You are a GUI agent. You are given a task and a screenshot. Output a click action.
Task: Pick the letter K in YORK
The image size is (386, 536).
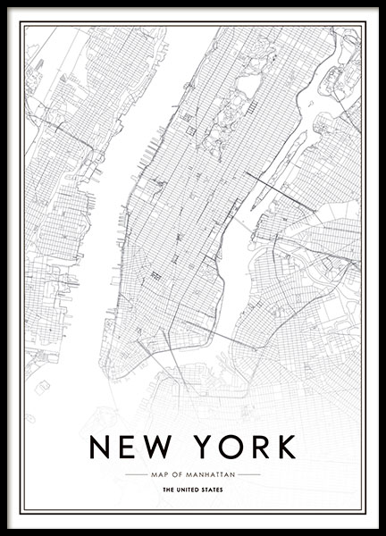tap(285, 446)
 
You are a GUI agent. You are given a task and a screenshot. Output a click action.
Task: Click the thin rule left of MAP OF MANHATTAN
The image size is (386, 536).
tap(135, 474)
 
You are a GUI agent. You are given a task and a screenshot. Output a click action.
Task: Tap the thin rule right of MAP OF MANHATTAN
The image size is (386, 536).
tap(249, 474)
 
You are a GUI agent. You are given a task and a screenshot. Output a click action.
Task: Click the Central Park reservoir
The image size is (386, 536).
tap(248, 85)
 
